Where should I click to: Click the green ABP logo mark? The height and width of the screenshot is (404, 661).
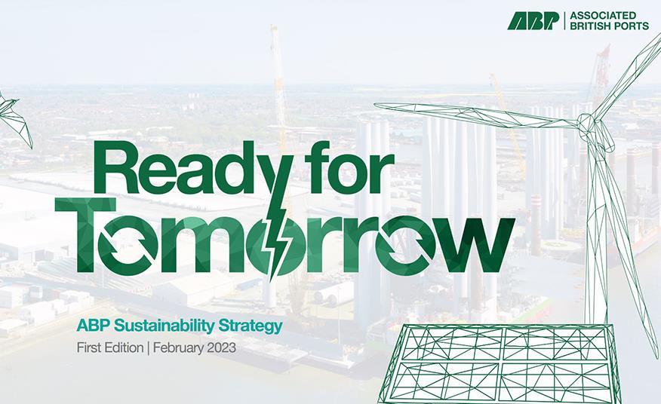click(533, 20)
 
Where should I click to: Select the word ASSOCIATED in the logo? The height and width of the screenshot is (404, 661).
click(602, 15)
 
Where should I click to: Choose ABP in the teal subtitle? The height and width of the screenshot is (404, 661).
click(90, 326)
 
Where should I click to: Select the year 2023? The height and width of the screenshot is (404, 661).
click(223, 348)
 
